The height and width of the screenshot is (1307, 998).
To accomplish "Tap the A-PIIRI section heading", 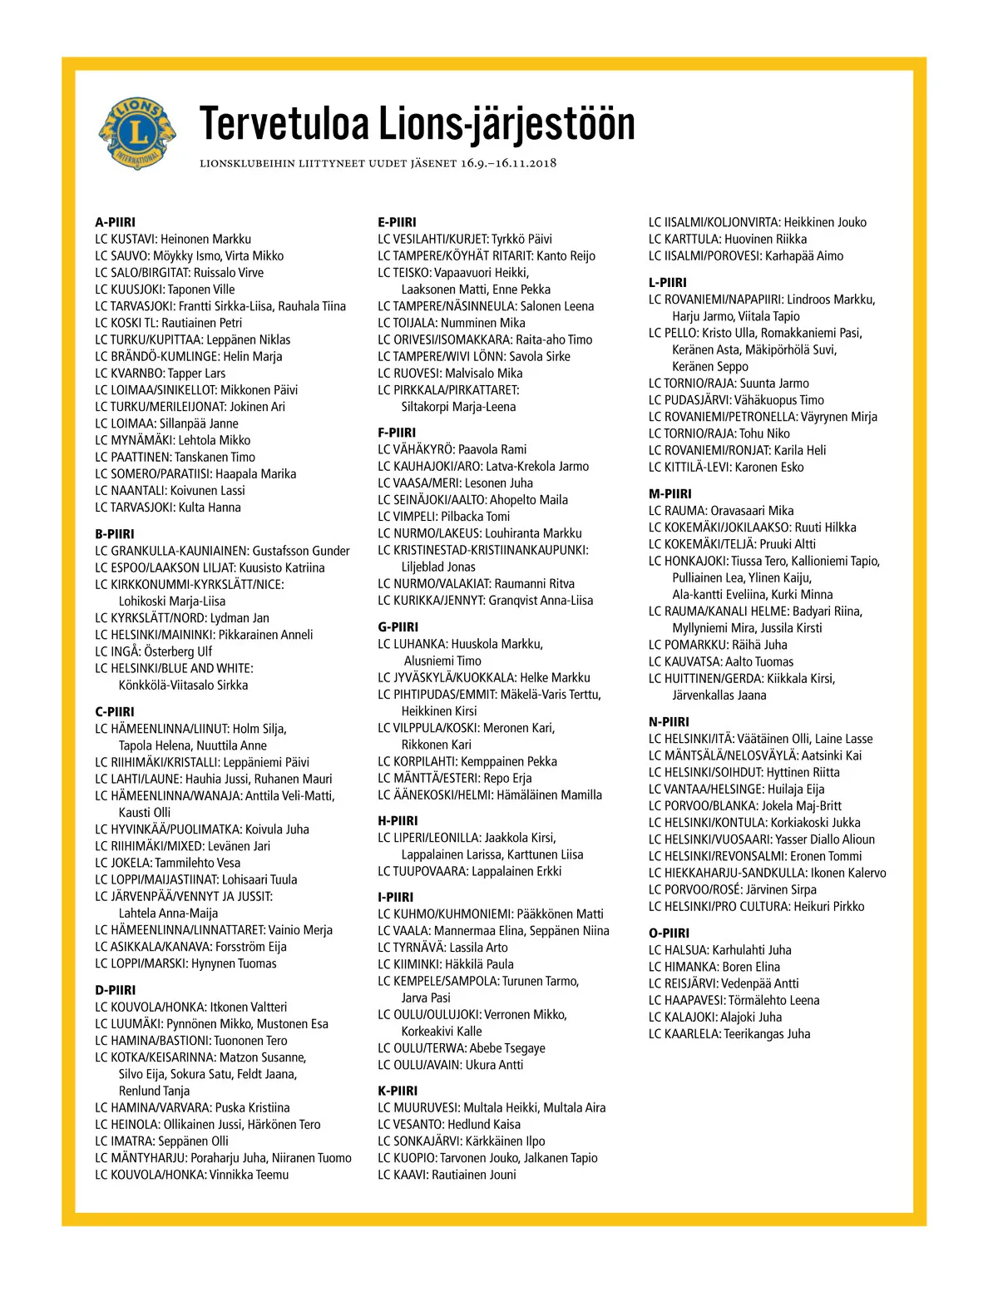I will (x=115, y=222).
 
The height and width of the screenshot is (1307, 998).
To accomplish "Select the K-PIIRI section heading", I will (x=398, y=1091).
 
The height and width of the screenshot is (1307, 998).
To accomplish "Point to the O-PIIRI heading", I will (x=669, y=933).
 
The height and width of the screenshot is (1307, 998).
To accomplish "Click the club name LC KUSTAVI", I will (x=125, y=239).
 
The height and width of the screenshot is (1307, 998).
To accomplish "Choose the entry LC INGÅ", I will (x=117, y=651).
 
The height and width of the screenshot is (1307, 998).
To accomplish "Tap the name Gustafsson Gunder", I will (x=301, y=551).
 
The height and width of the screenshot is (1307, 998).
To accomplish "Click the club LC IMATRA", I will (x=124, y=1141).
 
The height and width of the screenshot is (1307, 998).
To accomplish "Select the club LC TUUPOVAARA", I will (x=422, y=871).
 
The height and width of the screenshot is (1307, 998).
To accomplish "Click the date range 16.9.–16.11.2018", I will (x=508, y=163).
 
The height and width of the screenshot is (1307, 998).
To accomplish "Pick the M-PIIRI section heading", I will (x=669, y=493).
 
